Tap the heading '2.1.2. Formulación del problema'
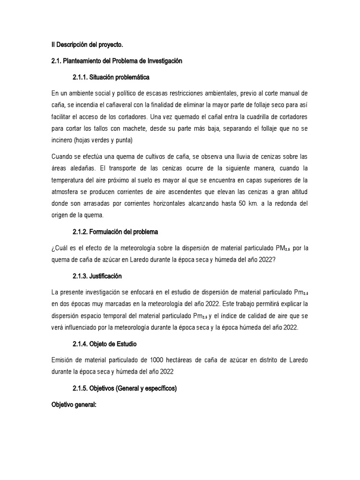pyautogui.click(x=115, y=232)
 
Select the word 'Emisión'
pyautogui.click(x=65, y=360)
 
